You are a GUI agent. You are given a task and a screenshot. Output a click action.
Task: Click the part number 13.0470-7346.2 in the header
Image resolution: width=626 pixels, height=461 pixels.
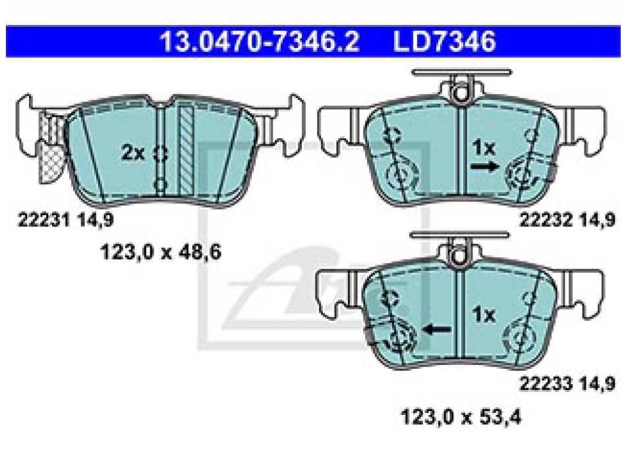click(260, 41)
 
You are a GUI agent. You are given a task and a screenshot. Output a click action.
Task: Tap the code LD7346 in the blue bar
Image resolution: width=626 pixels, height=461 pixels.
click(445, 41)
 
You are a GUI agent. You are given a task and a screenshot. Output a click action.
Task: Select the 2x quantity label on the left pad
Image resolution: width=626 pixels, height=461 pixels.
click(133, 153)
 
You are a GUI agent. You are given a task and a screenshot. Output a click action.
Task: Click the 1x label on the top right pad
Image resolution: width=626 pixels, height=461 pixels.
click(484, 148)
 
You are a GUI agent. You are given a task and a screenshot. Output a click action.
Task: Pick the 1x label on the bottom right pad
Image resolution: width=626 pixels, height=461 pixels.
click(484, 315)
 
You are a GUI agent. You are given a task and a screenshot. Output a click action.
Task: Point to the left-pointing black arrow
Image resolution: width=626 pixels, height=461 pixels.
click(437, 330)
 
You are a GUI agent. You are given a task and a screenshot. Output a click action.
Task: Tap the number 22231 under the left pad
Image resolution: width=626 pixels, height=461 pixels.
click(44, 220)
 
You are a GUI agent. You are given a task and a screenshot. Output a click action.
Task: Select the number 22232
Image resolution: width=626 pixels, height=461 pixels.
click(546, 220)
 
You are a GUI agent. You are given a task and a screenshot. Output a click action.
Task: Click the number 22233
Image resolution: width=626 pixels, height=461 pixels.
click(546, 384)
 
